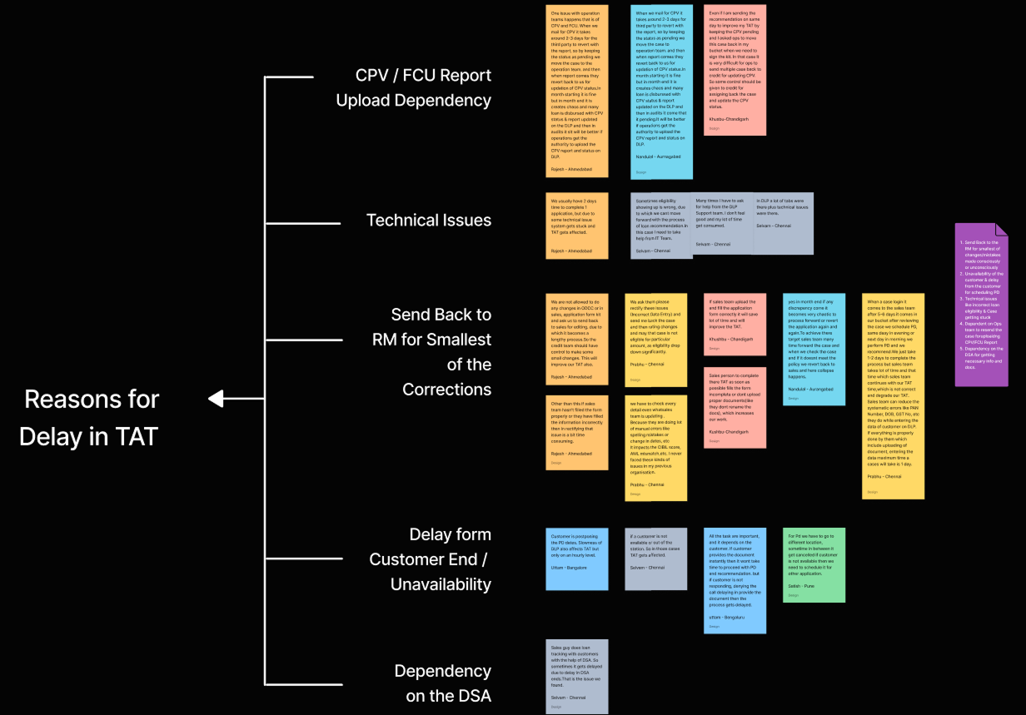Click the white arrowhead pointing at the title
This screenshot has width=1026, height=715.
(216, 400)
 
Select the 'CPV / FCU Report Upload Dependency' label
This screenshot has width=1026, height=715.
(413, 87)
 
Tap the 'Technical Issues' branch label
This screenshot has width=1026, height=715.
(428, 221)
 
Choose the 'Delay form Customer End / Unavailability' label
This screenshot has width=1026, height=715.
(430, 559)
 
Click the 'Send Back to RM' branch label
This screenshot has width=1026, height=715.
(431, 352)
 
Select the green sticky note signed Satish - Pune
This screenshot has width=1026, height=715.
(814, 564)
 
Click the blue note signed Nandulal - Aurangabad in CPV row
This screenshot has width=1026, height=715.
(661, 92)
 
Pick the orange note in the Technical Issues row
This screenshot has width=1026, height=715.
(577, 225)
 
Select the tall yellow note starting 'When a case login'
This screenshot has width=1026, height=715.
(893, 395)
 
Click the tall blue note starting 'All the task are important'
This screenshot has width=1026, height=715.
(735, 580)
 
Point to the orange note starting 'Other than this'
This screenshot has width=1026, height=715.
(577, 432)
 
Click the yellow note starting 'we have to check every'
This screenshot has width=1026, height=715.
(656, 447)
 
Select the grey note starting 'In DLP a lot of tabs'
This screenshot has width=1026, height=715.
(783, 223)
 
